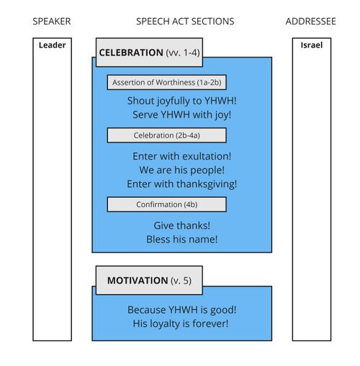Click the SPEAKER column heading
pyautogui.click(x=52, y=22)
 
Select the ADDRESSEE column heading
pyautogui.click(x=310, y=22)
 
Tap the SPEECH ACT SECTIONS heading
pyautogui.click(x=185, y=22)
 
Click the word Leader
pyautogui.click(x=52, y=45)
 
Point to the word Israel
pyautogui.click(x=311, y=45)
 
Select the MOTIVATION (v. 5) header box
pyautogui.click(x=149, y=280)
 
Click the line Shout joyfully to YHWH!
pyautogui.click(x=181, y=101)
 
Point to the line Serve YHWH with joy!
pyautogui.click(x=181, y=114)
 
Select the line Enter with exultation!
pyautogui.click(x=181, y=156)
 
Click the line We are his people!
pyautogui.click(x=181, y=170)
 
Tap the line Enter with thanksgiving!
pyautogui.click(x=181, y=184)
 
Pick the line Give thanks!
pyautogui.click(x=181, y=225)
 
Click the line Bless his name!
pyautogui.click(x=181, y=239)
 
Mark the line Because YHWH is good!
pyautogui.click(x=181, y=310)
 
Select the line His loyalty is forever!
pyautogui.click(x=181, y=324)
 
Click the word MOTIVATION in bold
pyautogui.click(x=138, y=280)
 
